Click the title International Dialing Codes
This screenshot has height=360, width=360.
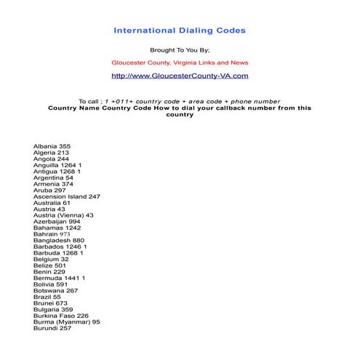point(180,31)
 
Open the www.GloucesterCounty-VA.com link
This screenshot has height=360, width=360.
point(180,75)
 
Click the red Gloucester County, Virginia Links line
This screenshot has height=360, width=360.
point(180,63)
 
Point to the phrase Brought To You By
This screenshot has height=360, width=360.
point(180,50)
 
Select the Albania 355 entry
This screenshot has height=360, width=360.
point(52,146)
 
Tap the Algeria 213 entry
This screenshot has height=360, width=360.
point(51,153)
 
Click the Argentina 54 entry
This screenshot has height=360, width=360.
point(53,177)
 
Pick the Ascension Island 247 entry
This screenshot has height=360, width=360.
point(67,196)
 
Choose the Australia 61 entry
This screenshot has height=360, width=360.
point(52,203)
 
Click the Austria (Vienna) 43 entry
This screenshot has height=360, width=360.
point(63,215)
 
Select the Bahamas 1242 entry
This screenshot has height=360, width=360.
point(57,228)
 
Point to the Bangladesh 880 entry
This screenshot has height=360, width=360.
point(59,240)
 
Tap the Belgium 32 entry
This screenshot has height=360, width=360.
point(51,259)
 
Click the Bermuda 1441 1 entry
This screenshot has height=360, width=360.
point(59,278)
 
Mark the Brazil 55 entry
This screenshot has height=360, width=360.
point(47,297)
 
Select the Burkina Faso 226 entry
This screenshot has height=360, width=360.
point(61,316)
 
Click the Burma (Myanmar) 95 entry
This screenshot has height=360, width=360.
point(67,321)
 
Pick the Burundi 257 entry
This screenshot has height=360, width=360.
point(52,328)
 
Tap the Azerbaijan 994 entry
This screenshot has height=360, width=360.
point(57,221)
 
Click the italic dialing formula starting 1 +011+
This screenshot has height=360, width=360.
point(193,101)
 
